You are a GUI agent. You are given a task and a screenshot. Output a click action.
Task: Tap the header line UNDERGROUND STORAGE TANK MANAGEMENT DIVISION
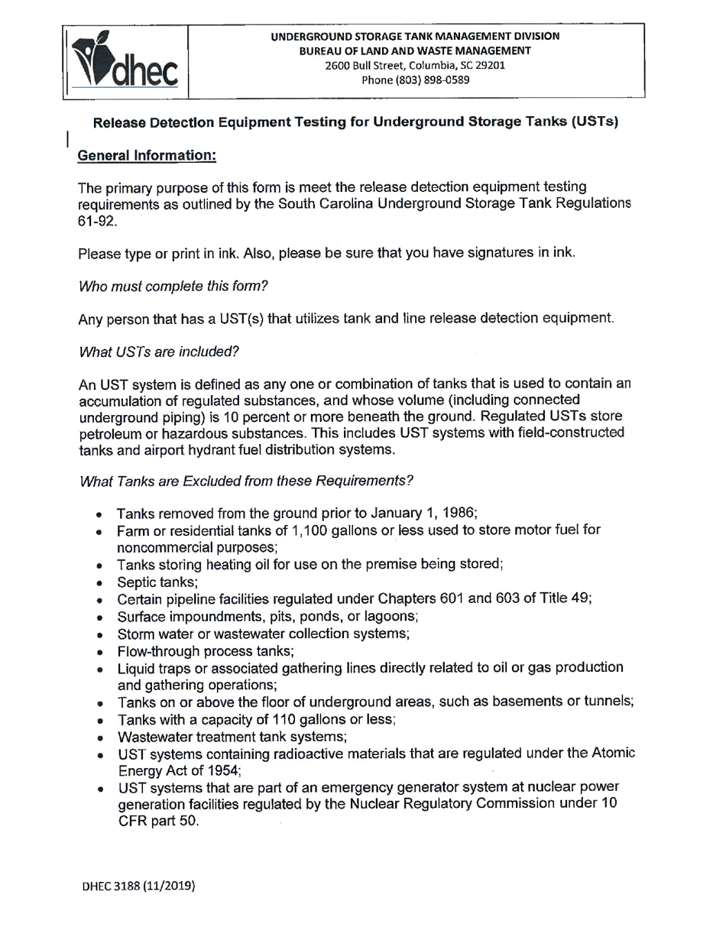point(416,37)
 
